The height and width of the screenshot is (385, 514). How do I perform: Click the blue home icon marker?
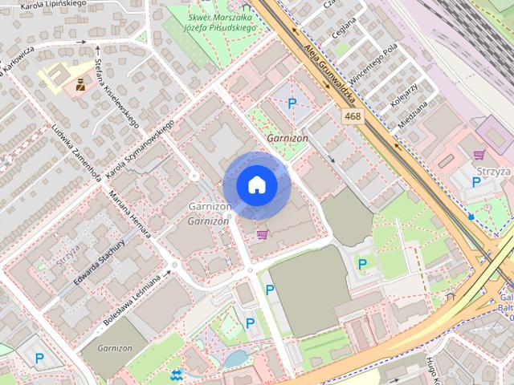click(x=256, y=185)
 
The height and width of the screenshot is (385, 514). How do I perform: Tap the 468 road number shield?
click(x=351, y=117)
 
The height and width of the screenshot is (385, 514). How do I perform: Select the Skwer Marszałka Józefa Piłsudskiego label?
click(x=221, y=22)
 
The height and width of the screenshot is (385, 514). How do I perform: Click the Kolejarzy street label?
click(x=404, y=97)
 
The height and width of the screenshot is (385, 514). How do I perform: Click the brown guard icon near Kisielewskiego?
click(x=80, y=83)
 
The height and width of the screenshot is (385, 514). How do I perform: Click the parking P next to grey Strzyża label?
click(x=476, y=182)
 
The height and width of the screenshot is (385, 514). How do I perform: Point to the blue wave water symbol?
click(x=177, y=374)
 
